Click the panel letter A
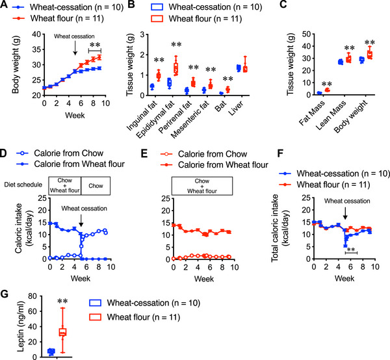click(x=3, y=5)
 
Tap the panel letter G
click(x=5, y=294)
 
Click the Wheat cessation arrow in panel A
click(x=75, y=48)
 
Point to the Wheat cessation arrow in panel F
click(x=345, y=213)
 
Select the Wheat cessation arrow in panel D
click(x=81, y=220)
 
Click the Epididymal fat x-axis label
click(x=155, y=120)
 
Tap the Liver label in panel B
click(x=236, y=109)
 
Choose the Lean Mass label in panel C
click(x=331, y=116)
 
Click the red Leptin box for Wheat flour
click(x=62, y=332)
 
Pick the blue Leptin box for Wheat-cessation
click(x=51, y=352)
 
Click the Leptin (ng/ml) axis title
click(x=21, y=326)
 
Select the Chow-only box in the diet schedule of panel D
click(x=96, y=186)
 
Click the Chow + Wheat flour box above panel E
click(x=202, y=186)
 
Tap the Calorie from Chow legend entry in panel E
click(x=207, y=154)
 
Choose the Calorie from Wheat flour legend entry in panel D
click(x=71, y=164)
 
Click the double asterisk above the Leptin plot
click(x=62, y=302)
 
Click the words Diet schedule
click(x=23, y=185)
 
